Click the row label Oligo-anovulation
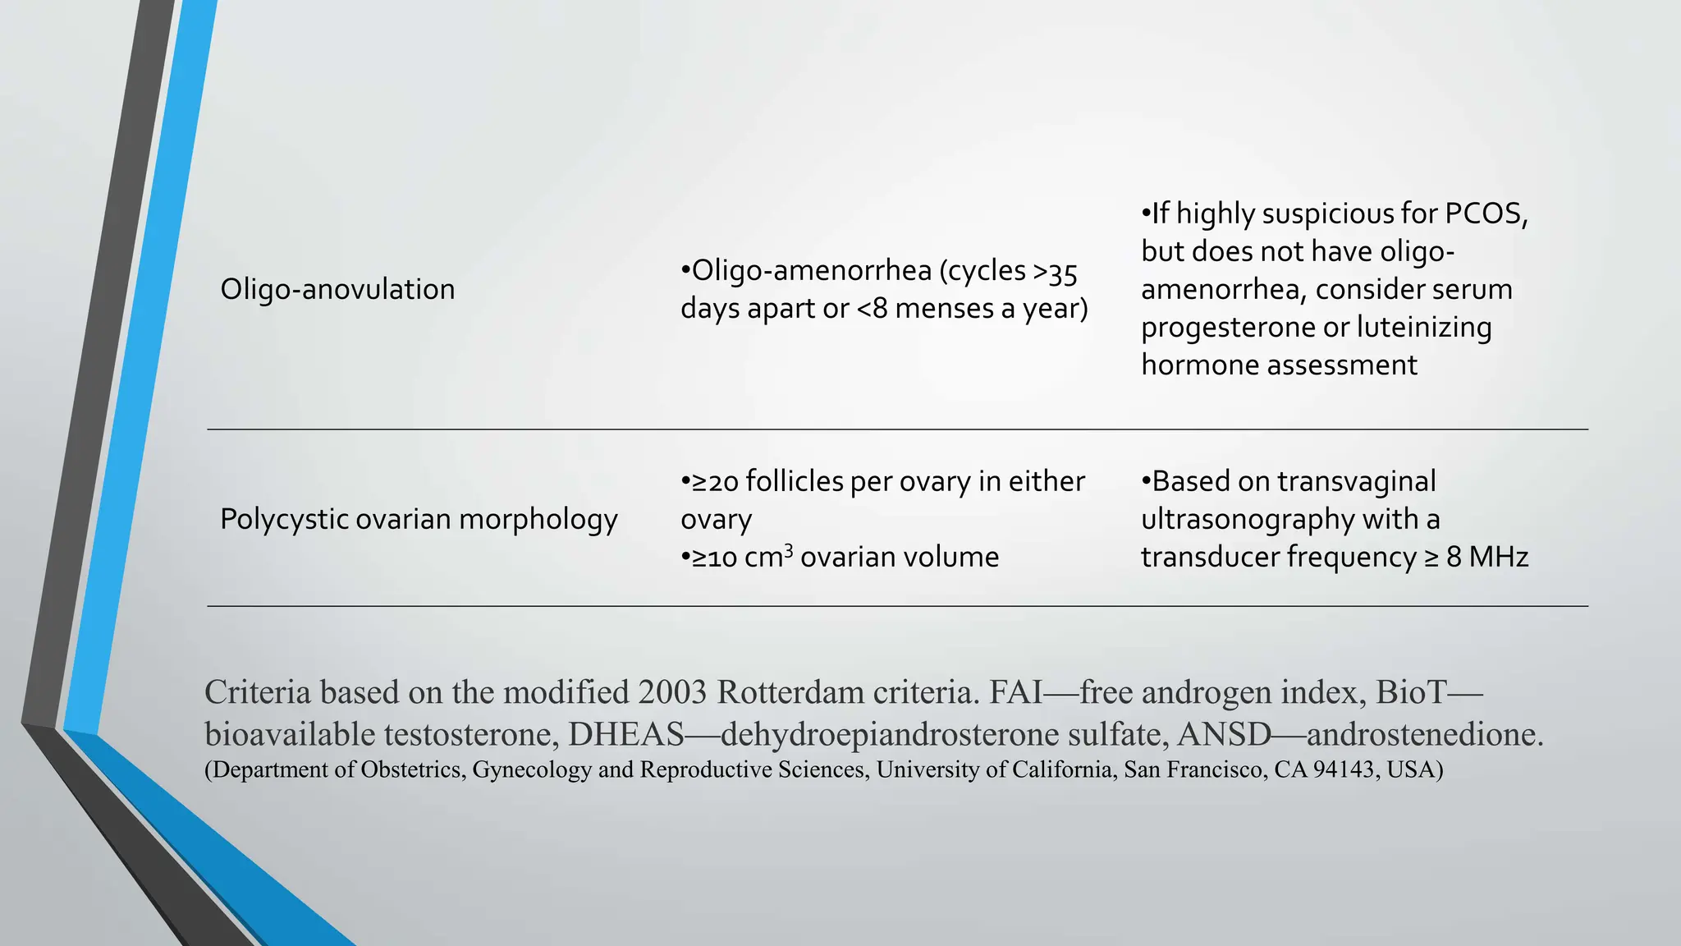click(337, 289)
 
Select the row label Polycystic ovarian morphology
click(419, 519)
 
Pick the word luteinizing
click(1424, 327)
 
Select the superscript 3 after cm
click(788, 549)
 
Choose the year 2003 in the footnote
click(672, 692)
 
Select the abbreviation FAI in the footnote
click(1016, 692)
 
